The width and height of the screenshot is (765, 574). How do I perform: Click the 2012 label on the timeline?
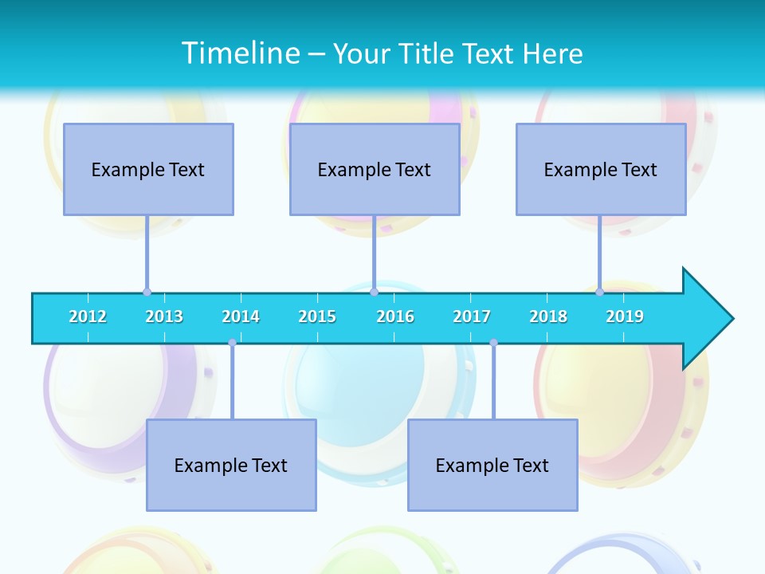88,316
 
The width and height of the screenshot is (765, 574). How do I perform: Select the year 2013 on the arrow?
164,316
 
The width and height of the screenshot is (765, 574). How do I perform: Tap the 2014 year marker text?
241,316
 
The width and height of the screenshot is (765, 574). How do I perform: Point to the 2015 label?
317,316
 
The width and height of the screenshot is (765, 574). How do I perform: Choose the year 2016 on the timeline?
395,316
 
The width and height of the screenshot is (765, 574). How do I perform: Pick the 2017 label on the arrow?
472,316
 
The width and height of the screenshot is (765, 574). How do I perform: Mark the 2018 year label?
548,316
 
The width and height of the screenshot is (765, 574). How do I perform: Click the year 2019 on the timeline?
625,316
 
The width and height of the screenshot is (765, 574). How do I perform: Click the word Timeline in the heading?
239,53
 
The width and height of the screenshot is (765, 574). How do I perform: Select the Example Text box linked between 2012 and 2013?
148,169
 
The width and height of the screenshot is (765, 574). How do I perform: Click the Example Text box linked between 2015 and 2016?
375,169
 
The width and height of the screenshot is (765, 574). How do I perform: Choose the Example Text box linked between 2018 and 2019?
601,169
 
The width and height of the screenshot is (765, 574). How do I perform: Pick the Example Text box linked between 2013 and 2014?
231,465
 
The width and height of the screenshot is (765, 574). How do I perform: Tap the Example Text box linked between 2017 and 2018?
492,465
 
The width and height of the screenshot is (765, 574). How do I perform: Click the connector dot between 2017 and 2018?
493,343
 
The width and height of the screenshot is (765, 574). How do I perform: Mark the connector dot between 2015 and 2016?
374,292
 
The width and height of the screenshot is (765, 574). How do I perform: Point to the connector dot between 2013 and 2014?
232,343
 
